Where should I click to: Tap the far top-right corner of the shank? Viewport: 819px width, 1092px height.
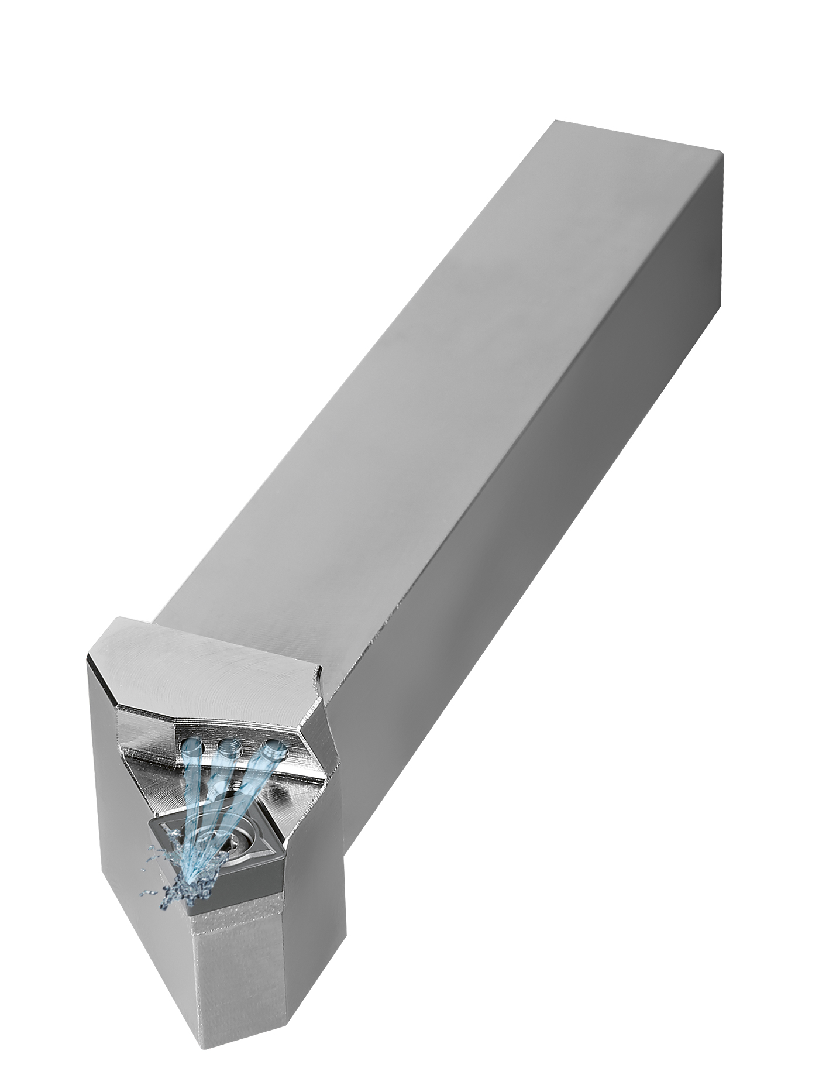click(x=723, y=153)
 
